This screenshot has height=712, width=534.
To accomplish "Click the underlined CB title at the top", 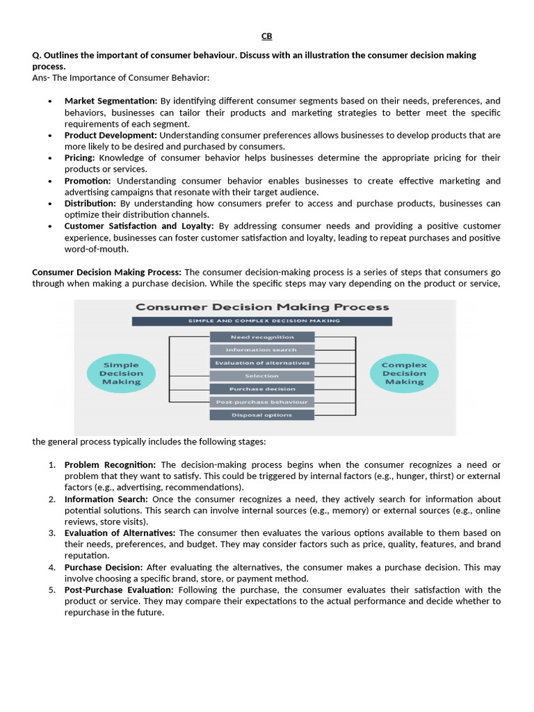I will pyautogui.click(x=267, y=36).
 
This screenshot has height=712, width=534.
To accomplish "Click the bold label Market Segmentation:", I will pyautogui.click(x=111, y=101).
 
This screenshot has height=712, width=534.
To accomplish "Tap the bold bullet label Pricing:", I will pyautogui.click(x=79, y=158).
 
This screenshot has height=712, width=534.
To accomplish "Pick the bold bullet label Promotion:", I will pyautogui.click(x=88, y=181).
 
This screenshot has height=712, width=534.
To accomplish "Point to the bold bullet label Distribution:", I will pyautogui.click(x=90, y=203).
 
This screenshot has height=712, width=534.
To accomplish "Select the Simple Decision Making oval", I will pyautogui.click(x=121, y=373).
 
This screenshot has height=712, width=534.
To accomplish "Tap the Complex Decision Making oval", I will pyautogui.click(x=404, y=373).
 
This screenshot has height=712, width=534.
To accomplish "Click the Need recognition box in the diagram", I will pyautogui.click(x=262, y=337).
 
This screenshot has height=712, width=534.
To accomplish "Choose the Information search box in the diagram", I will pyautogui.click(x=262, y=350).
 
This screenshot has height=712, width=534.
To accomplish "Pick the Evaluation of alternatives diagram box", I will pyautogui.click(x=262, y=363).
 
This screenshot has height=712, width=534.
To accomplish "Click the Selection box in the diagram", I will pyautogui.click(x=262, y=376).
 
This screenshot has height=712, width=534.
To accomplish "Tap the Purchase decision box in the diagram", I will pyautogui.click(x=262, y=389).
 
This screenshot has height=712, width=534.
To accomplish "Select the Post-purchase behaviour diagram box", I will pyautogui.click(x=262, y=402).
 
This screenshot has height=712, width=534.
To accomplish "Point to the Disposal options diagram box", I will pyautogui.click(x=262, y=415).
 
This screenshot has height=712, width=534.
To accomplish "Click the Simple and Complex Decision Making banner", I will pyautogui.click(x=262, y=321).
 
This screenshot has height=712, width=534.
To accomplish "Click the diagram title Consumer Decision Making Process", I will pyautogui.click(x=262, y=307).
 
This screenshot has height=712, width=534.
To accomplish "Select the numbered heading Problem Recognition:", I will pyautogui.click(x=111, y=464).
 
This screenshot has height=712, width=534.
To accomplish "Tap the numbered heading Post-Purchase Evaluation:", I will pyautogui.click(x=119, y=590).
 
